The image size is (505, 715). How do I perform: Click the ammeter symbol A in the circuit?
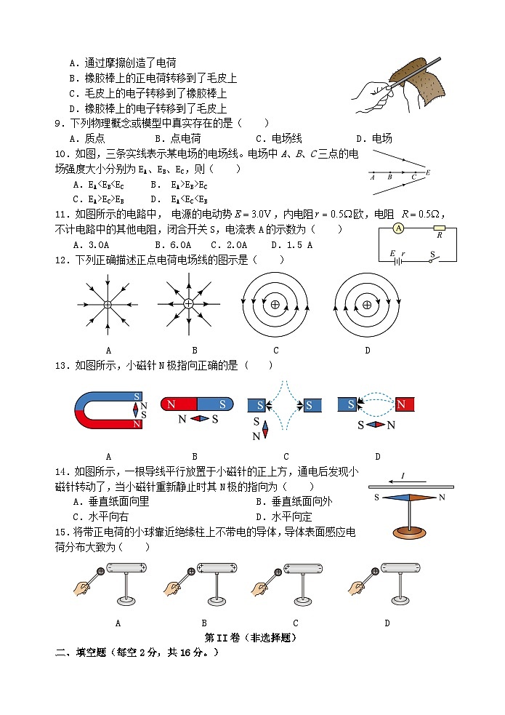[397, 228]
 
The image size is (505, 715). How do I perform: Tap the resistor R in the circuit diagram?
[439, 228]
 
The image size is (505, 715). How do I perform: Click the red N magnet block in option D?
[404, 404]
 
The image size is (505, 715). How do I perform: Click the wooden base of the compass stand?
[411, 532]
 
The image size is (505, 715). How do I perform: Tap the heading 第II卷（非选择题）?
[251, 637]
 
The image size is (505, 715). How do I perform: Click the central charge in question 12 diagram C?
[275, 305]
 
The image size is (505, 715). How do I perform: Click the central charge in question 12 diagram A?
[108, 305]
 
